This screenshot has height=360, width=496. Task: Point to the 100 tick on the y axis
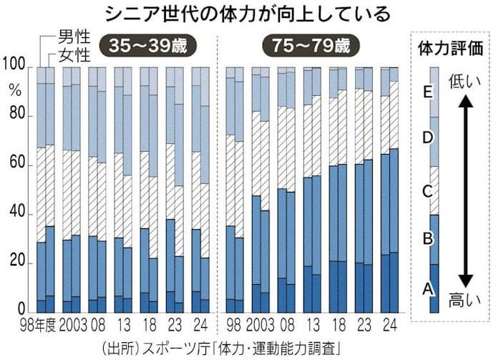[15, 67]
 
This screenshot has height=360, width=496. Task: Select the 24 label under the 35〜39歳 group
[200, 327]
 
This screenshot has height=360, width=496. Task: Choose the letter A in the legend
[427, 288]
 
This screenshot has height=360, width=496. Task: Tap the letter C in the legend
[427, 190]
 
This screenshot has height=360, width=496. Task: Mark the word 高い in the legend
[464, 299]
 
